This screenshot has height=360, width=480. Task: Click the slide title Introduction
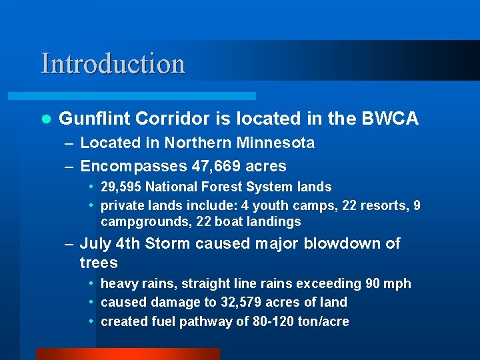tap(113, 64)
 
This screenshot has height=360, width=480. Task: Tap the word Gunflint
tap(94, 119)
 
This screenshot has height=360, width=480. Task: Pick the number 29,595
tap(122, 187)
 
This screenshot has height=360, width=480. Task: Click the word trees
tap(99, 263)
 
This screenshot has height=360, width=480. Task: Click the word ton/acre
tap(324, 321)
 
